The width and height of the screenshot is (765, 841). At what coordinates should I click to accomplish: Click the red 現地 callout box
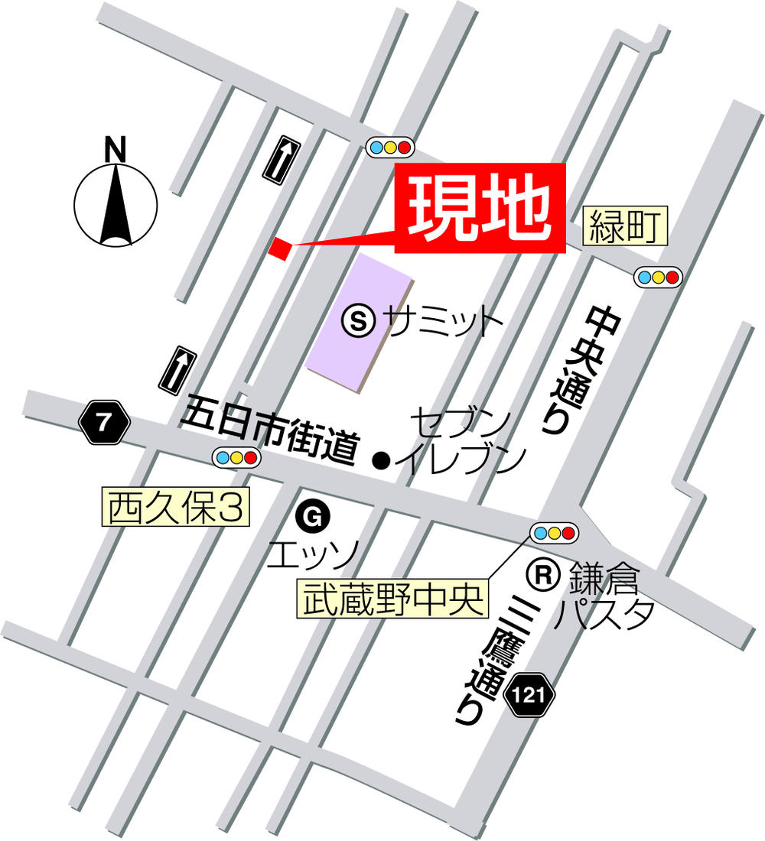pos(480,208)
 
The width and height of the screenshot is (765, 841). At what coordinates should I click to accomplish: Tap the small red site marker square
pos(280,248)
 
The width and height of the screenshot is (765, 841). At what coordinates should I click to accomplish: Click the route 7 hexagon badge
pos(103,424)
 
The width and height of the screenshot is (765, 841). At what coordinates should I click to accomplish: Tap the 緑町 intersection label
pos(625,226)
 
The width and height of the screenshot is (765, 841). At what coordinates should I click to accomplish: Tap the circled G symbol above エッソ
pos(311,519)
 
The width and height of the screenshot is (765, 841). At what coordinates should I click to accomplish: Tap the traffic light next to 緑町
pos(658,277)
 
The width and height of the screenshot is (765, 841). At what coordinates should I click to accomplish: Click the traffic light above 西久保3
pos(237,457)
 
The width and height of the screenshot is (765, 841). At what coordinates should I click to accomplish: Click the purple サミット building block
pos(360,321)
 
